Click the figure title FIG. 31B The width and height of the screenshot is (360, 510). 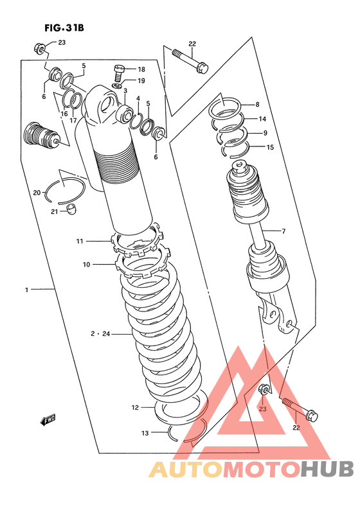[x=64, y=28]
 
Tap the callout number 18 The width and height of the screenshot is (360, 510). [x=141, y=69]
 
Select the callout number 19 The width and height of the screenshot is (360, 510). [x=141, y=81]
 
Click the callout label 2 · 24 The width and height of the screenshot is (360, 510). [x=100, y=334]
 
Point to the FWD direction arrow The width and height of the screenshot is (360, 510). [x=48, y=419]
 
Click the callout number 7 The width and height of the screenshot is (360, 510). [x=284, y=231]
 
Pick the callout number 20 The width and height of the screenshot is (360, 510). [x=37, y=193]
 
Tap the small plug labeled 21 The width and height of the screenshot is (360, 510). [x=72, y=209]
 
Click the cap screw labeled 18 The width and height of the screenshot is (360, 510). [x=118, y=72]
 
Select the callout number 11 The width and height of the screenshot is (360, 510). [x=80, y=241]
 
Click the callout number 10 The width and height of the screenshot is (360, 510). [x=86, y=265]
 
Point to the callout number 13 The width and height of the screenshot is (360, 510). [x=145, y=433]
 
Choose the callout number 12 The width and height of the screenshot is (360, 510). [x=135, y=407]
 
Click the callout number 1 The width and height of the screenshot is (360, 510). [x=27, y=290]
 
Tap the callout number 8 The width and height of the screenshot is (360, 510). [x=258, y=105]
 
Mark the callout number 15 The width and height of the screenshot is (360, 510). [x=270, y=147]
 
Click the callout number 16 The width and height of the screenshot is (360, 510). [x=64, y=114]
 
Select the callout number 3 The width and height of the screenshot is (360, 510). [x=125, y=91]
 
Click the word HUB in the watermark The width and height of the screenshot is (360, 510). [x=327, y=469]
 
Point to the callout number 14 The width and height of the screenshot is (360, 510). [x=262, y=119]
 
